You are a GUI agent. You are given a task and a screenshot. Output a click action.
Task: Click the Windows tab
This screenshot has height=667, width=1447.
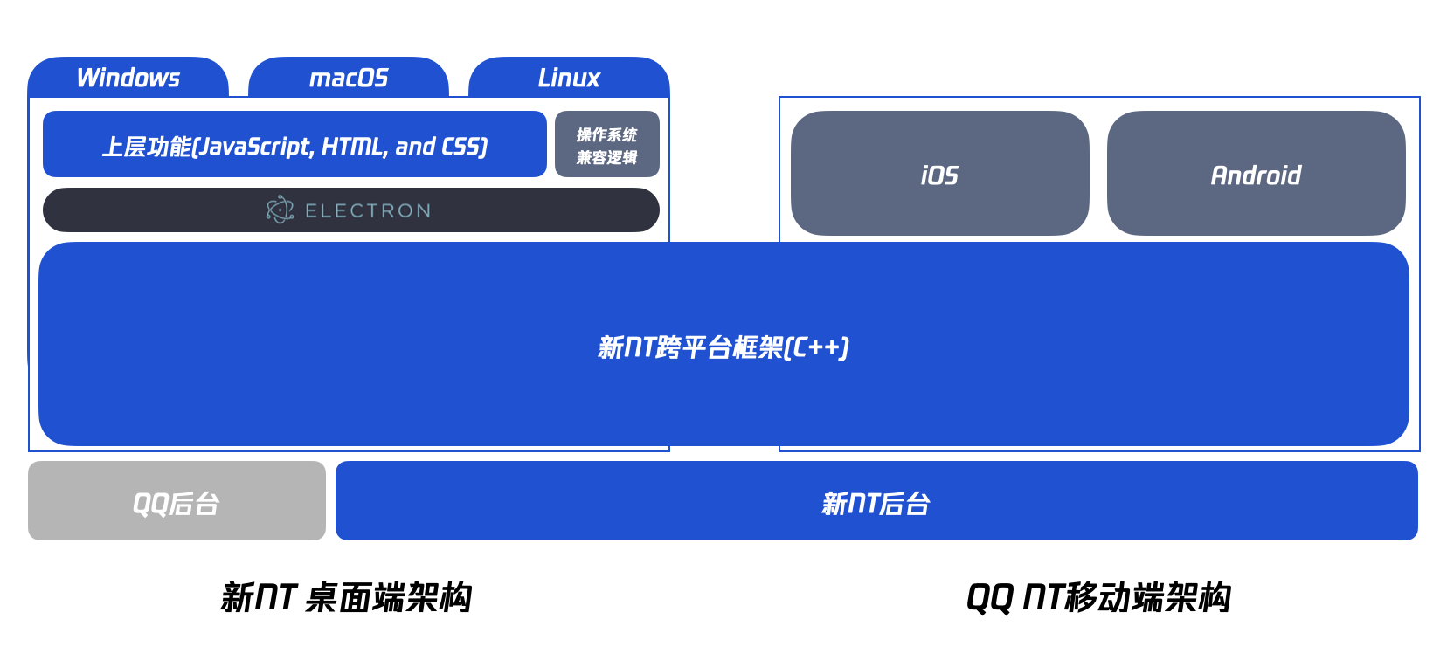point(128,77)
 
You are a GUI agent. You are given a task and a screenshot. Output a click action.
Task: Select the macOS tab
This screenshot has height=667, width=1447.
point(348,77)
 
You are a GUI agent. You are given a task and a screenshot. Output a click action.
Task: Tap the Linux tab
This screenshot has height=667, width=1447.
point(569,77)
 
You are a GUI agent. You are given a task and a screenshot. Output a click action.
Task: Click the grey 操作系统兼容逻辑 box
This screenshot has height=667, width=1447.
point(607,144)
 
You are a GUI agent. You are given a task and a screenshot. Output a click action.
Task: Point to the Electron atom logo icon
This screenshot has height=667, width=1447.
point(280,210)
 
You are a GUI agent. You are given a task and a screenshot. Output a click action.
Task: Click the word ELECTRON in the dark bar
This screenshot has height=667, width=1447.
point(368,210)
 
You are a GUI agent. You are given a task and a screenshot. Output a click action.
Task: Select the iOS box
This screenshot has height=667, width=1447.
point(940,173)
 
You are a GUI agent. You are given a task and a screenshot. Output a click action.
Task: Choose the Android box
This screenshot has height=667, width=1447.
point(1256,173)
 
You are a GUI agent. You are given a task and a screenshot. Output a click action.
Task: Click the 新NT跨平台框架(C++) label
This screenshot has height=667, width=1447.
point(723,347)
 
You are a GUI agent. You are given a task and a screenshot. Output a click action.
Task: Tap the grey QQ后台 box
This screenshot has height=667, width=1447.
point(177,500)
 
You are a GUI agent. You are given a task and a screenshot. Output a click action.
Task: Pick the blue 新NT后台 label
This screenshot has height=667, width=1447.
point(876,504)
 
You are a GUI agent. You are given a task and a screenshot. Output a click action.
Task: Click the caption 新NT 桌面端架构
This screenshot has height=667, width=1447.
point(346,597)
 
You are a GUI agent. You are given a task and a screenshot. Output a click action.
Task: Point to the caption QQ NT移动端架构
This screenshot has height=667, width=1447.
point(1098,597)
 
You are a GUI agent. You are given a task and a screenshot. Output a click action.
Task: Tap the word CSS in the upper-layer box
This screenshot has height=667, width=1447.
point(461,147)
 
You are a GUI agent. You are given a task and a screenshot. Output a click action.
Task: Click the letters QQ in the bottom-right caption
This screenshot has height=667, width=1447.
point(989,598)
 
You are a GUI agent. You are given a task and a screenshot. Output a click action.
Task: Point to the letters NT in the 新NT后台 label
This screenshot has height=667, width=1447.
point(863,504)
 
